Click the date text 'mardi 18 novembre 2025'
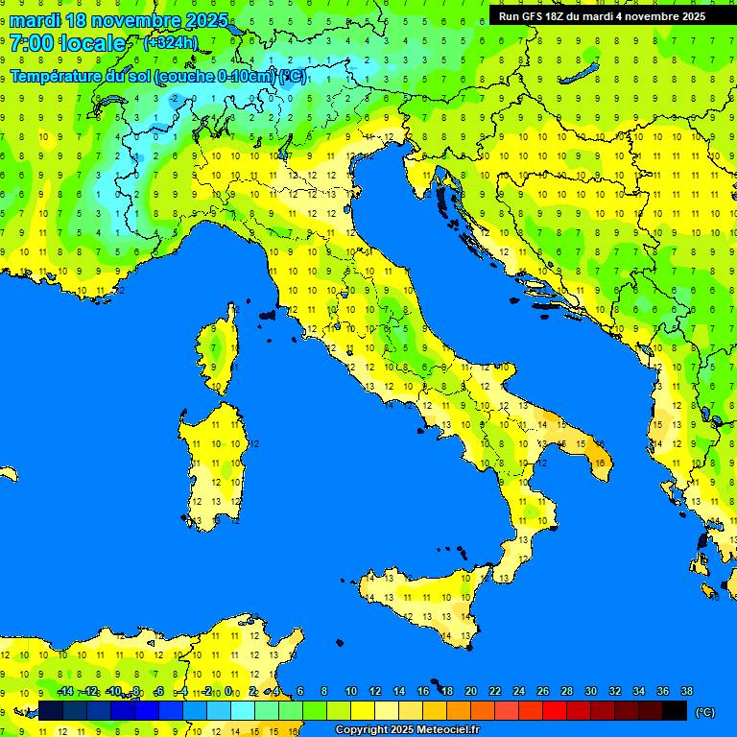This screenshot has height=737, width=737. (x=119, y=20)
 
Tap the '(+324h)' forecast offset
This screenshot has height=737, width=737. (x=171, y=43)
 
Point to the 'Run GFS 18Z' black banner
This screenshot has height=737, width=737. (x=602, y=16)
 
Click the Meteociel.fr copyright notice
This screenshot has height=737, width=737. (x=407, y=729)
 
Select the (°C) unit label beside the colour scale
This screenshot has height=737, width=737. (x=704, y=711)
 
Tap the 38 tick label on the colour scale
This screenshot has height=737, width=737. (x=686, y=691)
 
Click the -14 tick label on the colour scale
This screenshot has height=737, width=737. (x=65, y=691)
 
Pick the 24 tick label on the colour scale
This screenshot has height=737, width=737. (x=518, y=691)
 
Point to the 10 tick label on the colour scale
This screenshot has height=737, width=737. (x=351, y=691)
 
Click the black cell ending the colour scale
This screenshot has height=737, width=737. (x=675, y=710)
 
